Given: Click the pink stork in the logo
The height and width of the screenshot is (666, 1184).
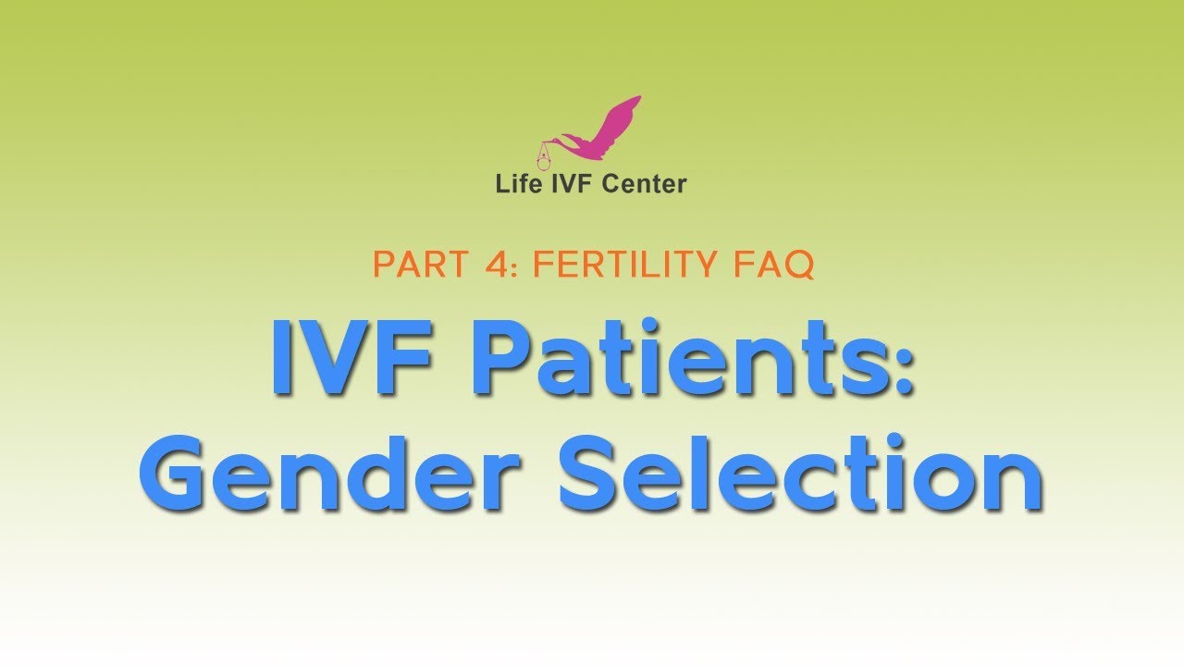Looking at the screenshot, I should pyautogui.click(x=601, y=134).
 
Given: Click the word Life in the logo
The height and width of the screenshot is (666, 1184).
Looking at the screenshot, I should pyautogui.click(x=514, y=184).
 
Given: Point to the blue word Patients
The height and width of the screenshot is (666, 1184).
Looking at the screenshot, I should pyautogui.click(x=680, y=359).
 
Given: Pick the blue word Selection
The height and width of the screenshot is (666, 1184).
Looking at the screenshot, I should pyautogui.click(x=800, y=474).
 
